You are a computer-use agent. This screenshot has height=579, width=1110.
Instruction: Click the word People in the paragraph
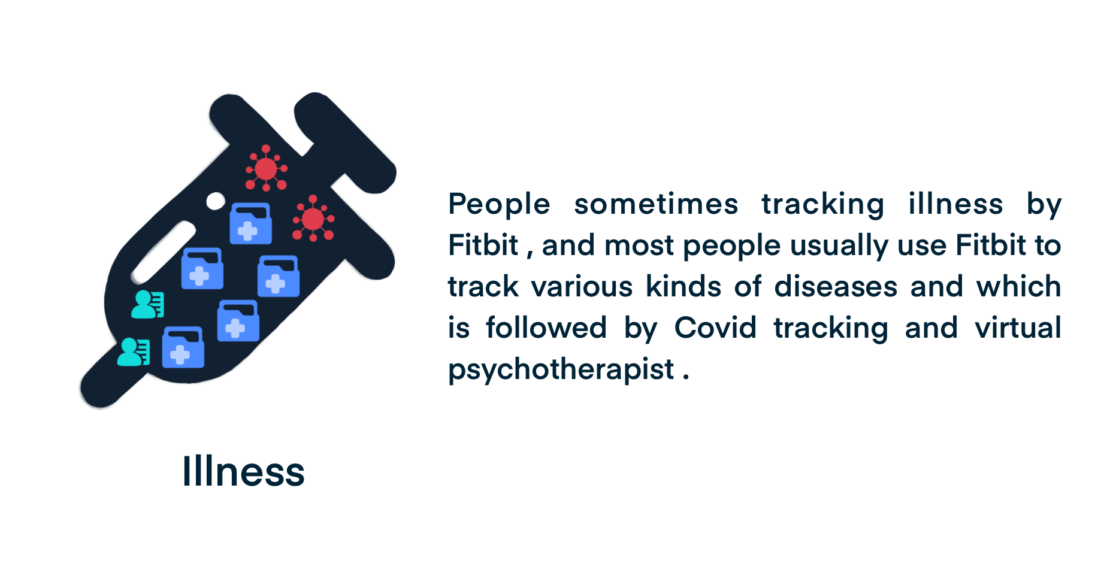pos(499,204)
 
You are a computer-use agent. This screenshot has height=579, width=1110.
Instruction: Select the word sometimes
pos(656,204)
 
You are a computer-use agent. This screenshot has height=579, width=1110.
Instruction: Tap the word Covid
pos(715,328)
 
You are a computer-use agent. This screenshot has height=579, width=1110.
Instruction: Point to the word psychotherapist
pos(561,369)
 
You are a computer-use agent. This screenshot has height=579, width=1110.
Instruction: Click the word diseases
pos(836,286)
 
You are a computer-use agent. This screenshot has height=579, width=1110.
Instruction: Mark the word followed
pos(546,328)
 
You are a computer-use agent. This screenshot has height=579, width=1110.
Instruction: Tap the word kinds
pos(683,286)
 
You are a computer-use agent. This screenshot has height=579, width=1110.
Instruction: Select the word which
pos(1018,286)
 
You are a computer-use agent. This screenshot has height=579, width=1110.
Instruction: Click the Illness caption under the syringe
pos(243,471)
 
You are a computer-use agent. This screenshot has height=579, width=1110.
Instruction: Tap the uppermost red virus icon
pos(266,168)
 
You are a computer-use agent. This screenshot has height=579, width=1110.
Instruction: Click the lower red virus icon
pos(313,219)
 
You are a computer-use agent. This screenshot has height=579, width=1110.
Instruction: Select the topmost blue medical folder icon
pos(251,223)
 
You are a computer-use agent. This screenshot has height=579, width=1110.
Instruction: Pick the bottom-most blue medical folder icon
pos(183,347)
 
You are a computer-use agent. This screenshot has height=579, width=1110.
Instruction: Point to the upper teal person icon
pos(147,304)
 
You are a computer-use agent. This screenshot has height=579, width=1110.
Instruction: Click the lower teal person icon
pos(134,351)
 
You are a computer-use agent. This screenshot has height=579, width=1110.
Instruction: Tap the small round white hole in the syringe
pos(216,201)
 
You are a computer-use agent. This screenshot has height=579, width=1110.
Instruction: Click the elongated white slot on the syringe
pos(164,252)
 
